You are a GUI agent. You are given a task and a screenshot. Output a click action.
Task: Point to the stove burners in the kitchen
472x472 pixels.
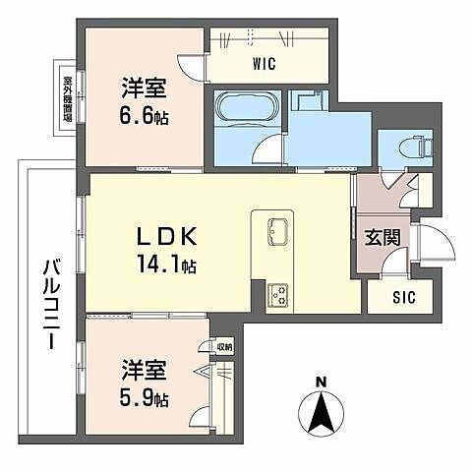click(x=276, y=291)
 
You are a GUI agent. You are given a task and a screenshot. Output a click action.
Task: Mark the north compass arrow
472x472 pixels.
click(x=322, y=412)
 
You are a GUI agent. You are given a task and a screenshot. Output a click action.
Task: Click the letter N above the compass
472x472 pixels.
click(x=322, y=382)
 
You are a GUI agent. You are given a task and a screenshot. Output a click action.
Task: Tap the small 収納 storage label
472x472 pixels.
click(x=223, y=346)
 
